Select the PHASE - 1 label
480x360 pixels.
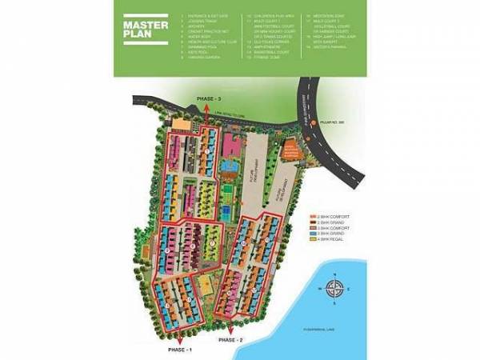coord(180,350)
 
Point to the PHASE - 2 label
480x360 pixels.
coord(229,341)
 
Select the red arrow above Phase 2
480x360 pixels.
coord(229,330)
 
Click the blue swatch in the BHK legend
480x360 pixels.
coord(312,232)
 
